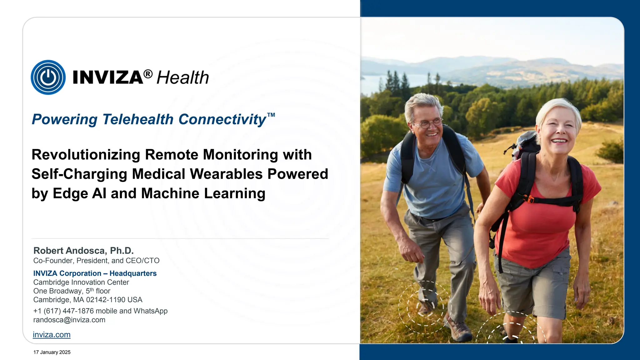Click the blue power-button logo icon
(x=48, y=77)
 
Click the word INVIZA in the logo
(x=108, y=77)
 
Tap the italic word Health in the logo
(x=182, y=77)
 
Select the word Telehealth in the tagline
(x=138, y=119)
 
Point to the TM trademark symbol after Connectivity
(x=271, y=115)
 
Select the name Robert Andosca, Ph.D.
(x=83, y=251)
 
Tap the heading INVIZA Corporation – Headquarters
(x=95, y=273)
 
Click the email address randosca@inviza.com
(x=69, y=320)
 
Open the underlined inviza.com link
(x=52, y=335)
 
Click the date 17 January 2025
(x=52, y=352)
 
